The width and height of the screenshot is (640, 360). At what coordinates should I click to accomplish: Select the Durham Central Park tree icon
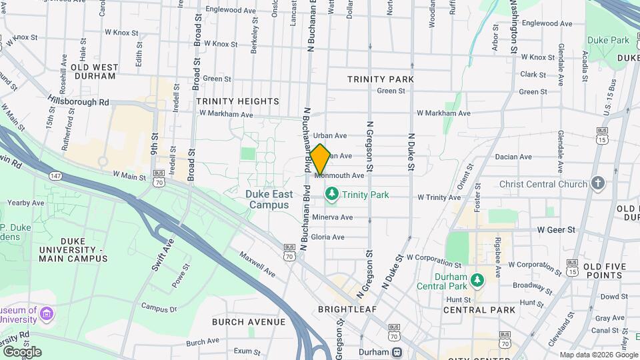pyautogui.click(x=477, y=279)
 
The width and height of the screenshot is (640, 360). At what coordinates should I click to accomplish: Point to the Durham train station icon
pyautogui.click(x=397, y=351)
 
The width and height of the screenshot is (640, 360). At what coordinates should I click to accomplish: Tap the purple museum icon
pyautogui.click(x=46, y=313)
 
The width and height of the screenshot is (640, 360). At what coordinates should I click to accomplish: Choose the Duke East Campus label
pyautogui.click(x=269, y=199)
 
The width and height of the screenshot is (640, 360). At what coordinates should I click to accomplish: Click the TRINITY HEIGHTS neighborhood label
pyautogui.click(x=237, y=101)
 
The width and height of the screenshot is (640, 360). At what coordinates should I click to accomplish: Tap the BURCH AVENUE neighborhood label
pyautogui.click(x=249, y=322)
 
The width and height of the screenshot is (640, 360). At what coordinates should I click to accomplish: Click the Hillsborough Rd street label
pyautogui.click(x=78, y=101)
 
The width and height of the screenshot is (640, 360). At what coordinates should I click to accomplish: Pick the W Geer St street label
pyautogui.click(x=556, y=229)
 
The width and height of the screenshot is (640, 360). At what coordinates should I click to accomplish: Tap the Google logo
pyautogui.click(x=22, y=351)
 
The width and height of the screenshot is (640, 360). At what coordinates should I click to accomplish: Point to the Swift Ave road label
pyautogui.click(x=161, y=254)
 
